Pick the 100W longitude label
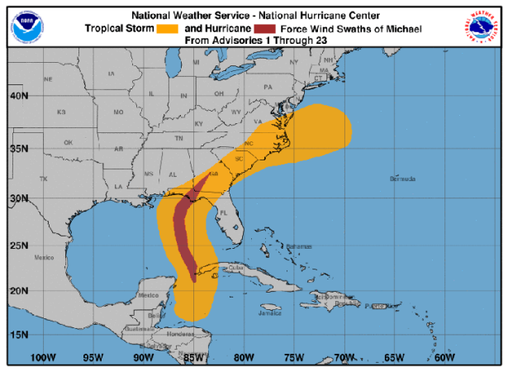click(42, 357)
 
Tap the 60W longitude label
click(444, 357)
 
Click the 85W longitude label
click(193, 357)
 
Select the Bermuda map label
click(401, 179)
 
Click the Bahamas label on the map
click(300, 246)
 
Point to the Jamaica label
click(269, 313)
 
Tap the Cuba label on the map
click(236, 267)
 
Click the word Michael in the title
click(402, 27)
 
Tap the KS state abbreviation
click(60, 112)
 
